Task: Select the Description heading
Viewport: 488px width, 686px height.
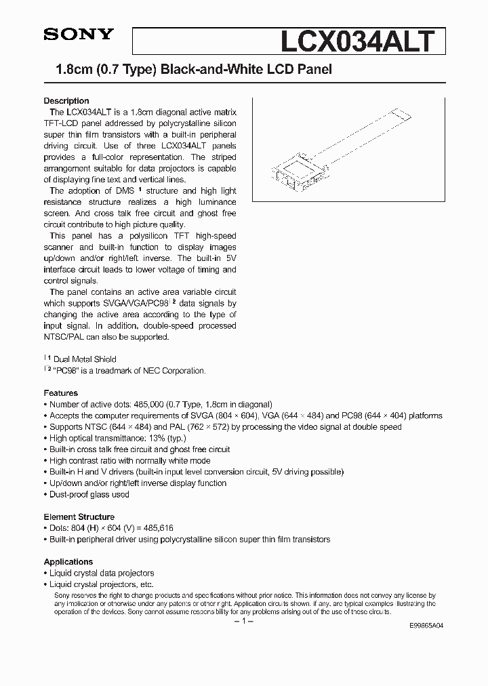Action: click(66, 101)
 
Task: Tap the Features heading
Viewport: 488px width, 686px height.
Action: click(61, 393)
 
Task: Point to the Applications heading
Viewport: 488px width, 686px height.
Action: click(68, 562)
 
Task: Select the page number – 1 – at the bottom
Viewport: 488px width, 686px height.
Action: click(243, 622)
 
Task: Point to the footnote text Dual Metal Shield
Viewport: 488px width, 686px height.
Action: click(85, 359)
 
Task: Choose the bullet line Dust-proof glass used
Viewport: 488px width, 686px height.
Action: click(89, 494)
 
